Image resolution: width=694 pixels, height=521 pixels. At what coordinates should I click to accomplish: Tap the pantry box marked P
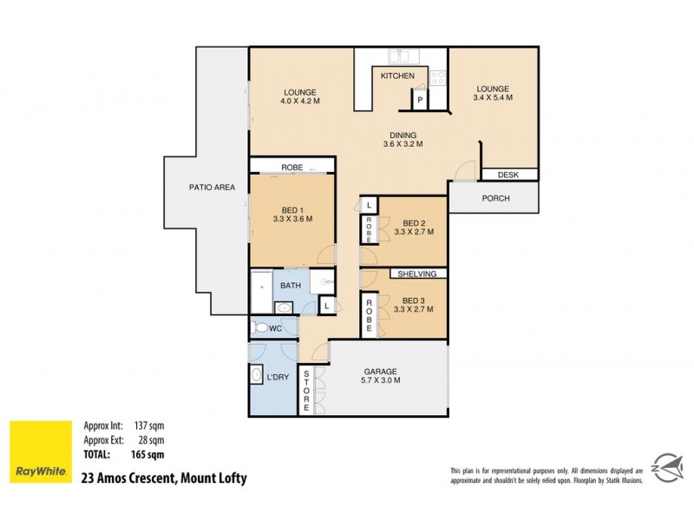(420, 101)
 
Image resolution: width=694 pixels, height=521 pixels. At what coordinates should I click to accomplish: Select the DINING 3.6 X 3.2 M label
(403, 140)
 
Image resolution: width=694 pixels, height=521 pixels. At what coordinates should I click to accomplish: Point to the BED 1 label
(291, 214)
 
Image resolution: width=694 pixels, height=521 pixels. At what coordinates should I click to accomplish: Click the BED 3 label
(411, 301)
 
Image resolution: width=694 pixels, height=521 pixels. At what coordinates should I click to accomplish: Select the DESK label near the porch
(508, 175)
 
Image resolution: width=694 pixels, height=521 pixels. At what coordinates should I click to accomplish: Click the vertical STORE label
(306, 391)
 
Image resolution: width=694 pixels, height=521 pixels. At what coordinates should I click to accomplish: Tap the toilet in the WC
(260, 328)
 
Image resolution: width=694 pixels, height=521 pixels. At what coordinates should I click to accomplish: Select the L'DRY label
(278, 376)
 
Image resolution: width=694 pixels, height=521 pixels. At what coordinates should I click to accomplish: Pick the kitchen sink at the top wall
(403, 56)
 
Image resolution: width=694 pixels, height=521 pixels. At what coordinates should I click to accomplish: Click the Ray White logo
(40, 452)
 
